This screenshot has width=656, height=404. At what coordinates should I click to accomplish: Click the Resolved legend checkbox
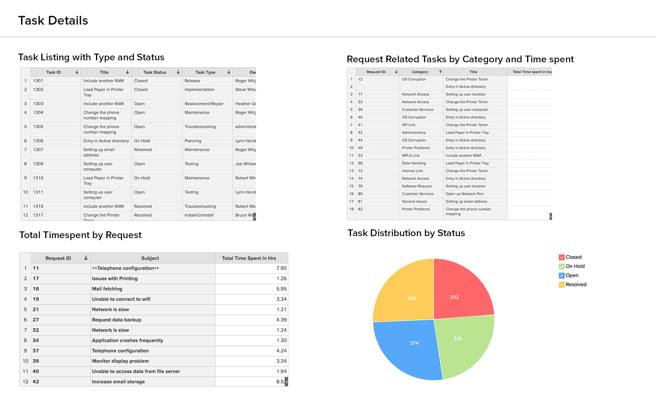click(x=562, y=285)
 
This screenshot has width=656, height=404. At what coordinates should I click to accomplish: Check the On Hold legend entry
click(x=562, y=266)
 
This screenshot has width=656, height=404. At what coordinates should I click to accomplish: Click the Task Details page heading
click(x=53, y=21)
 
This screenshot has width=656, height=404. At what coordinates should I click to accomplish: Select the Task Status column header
click(x=155, y=72)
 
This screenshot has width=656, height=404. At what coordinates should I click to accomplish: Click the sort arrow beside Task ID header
click(x=77, y=72)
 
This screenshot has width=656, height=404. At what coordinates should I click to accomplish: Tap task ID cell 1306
click(x=38, y=141)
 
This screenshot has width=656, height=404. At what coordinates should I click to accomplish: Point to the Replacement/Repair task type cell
click(x=204, y=104)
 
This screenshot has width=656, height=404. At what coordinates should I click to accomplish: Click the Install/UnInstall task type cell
click(x=199, y=215)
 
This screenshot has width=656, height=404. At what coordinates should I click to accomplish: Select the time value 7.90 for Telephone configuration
click(x=281, y=268)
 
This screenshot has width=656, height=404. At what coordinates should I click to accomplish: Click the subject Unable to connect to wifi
click(x=121, y=299)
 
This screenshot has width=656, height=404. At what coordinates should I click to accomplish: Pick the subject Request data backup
click(x=117, y=320)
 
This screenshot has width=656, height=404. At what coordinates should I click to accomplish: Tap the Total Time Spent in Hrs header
click(x=249, y=258)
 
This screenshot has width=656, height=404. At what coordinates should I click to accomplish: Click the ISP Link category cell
click(x=409, y=125)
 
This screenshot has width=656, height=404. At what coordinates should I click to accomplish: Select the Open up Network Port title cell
click(x=464, y=194)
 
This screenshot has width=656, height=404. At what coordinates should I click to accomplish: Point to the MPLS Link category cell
click(x=411, y=156)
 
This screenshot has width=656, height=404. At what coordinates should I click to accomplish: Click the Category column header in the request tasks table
click(x=420, y=72)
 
